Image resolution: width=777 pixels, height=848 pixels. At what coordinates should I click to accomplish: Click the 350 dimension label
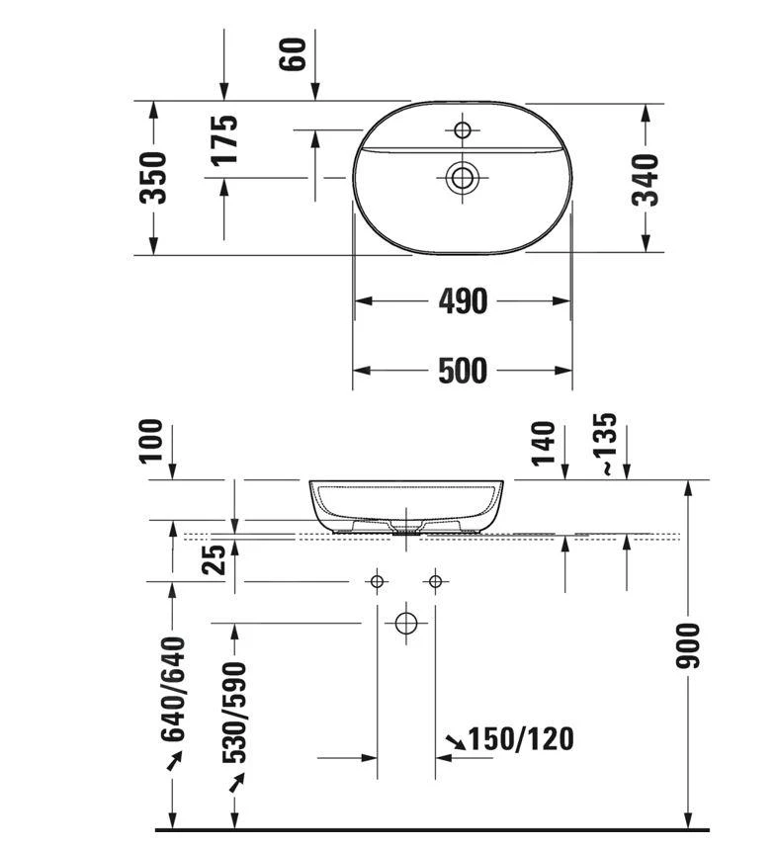click(x=152, y=178)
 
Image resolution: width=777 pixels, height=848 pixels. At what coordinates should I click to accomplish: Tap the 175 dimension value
click(x=224, y=139)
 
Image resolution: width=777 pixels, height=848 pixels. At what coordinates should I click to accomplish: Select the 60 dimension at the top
click(x=293, y=54)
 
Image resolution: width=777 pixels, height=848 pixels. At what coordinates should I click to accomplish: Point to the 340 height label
click(x=646, y=180)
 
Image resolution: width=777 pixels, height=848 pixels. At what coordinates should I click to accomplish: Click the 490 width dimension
click(x=463, y=301)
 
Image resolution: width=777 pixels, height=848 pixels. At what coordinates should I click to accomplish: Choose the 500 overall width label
click(x=463, y=371)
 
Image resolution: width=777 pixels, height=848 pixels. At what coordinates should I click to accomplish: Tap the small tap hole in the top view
click(x=462, y=129)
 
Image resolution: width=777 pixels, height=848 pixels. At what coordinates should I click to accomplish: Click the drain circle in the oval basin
click(x=462, y=177)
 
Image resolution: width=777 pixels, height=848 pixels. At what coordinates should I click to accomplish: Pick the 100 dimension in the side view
click(x=151, y=441)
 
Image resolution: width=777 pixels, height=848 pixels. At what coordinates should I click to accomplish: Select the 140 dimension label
click(x=544, y=444)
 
